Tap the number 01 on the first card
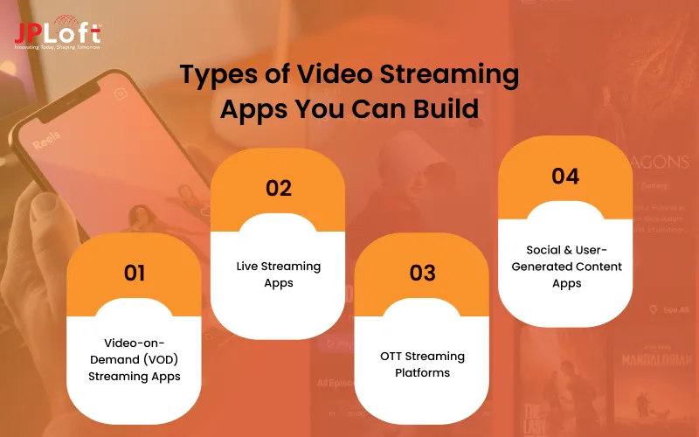click(134, 273)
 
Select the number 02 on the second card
click(279, 188)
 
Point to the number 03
click(422, 273)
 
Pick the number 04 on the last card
click(565, 177)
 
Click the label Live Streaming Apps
click(280, 274)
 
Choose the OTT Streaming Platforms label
click(422, 364)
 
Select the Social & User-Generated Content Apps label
click(565, 267)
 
